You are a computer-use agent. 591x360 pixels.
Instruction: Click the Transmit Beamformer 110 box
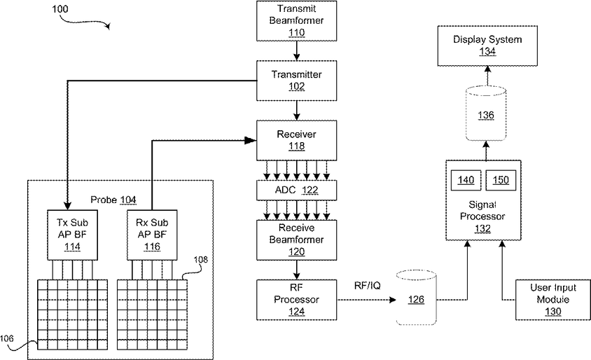click(297, 21)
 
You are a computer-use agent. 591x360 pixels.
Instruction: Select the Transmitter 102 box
click(297, 81)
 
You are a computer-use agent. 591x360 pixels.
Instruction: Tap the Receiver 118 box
click(297, 141)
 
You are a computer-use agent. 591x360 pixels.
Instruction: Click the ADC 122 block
click(297, 190)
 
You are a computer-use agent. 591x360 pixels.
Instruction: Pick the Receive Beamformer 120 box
click(297, 240)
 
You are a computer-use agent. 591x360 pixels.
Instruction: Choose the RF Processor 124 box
click(297, 300)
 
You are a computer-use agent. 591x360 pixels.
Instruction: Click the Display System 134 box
click(487, 46)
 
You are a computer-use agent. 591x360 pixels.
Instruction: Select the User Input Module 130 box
click(553, 300)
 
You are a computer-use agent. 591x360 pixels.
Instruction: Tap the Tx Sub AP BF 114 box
click(72, 235)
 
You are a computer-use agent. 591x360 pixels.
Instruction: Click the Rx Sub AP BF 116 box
click(152, 235)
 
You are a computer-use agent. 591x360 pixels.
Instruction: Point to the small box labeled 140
click(466, 180)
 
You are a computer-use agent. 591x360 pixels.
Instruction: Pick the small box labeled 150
click(501, 180)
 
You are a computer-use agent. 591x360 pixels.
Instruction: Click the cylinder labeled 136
click(486, 113)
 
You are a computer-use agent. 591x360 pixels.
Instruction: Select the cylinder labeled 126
click(416, 298)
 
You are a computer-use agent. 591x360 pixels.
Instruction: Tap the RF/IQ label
click(367, 286)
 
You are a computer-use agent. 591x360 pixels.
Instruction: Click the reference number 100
click(60, 8)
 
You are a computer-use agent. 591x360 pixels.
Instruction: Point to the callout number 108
click(200, 259)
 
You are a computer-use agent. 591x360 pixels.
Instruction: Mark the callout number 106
click(7, 338)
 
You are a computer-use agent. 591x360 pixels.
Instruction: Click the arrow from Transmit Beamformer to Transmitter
click(297, 51)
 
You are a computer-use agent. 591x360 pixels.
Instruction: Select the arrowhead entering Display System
click(487, 69)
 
